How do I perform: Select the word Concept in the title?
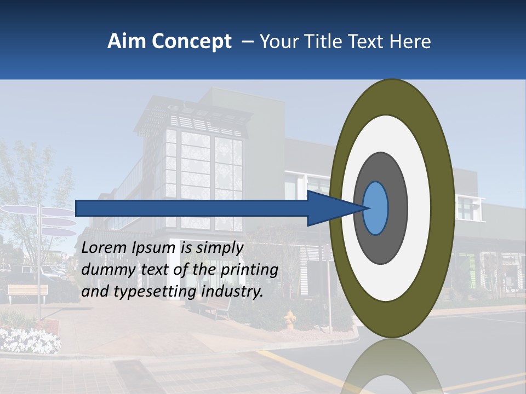tap(191, 42)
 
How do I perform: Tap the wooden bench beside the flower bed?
tap(27, 292)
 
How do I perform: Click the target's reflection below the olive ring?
tap(392, 367)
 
